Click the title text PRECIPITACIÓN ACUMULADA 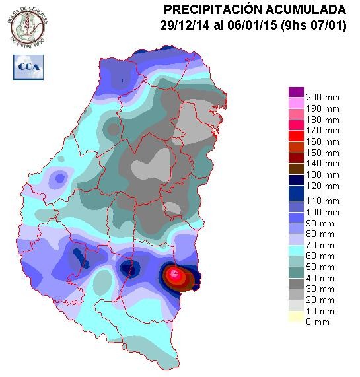[x=254, y=9]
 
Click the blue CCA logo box [x=27, y=67]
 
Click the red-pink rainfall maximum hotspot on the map [x=175, y=273]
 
